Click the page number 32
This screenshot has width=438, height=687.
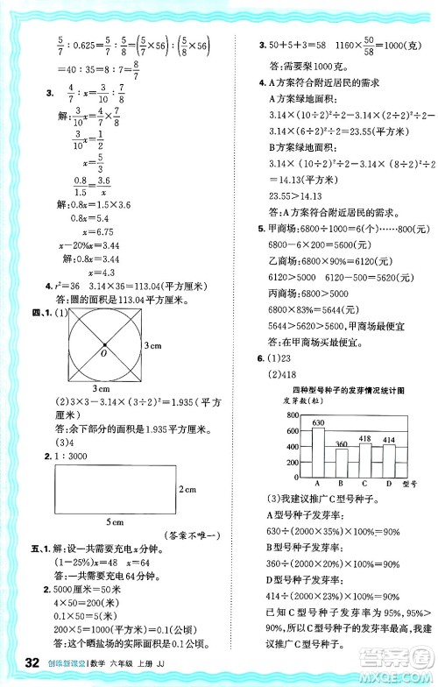33,661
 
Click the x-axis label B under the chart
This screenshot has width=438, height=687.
342,482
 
